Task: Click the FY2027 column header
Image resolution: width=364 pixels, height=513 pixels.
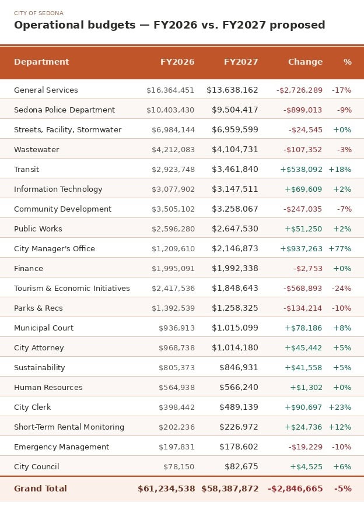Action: (241, 62)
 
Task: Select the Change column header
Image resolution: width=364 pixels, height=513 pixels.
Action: (306, 62)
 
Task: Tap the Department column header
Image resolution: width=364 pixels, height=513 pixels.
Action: (41, 62)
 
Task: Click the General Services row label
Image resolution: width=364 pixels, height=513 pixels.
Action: (46, 90)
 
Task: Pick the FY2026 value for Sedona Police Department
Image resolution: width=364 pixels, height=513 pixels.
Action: (170, 110)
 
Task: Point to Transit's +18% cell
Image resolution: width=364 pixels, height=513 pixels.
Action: (339, 170)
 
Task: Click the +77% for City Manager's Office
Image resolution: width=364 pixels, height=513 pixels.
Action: (339, 249)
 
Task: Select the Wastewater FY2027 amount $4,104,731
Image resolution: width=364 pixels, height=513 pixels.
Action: (235, 149)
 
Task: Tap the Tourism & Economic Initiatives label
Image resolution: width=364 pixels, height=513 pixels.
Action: (72, 288)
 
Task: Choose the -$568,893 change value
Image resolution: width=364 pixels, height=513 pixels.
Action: (303, 288)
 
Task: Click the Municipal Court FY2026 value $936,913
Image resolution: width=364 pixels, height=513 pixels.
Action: (177, 328)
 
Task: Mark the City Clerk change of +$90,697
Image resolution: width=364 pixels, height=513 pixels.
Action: (303, 407)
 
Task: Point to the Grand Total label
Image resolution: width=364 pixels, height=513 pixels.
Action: (40, 489)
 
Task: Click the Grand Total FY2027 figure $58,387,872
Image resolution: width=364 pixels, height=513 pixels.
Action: (230, 489)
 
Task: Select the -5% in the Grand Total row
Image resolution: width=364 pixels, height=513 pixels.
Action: (343, 489)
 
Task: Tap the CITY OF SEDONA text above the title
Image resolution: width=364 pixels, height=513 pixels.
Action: (38, 13)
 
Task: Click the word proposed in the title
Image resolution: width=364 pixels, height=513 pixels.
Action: (297, 25)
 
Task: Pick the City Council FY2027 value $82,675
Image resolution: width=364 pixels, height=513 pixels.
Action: (242, 466)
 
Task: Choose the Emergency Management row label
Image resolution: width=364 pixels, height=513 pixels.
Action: (61, 447)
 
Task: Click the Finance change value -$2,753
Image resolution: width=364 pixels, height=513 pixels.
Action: (307, 269)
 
